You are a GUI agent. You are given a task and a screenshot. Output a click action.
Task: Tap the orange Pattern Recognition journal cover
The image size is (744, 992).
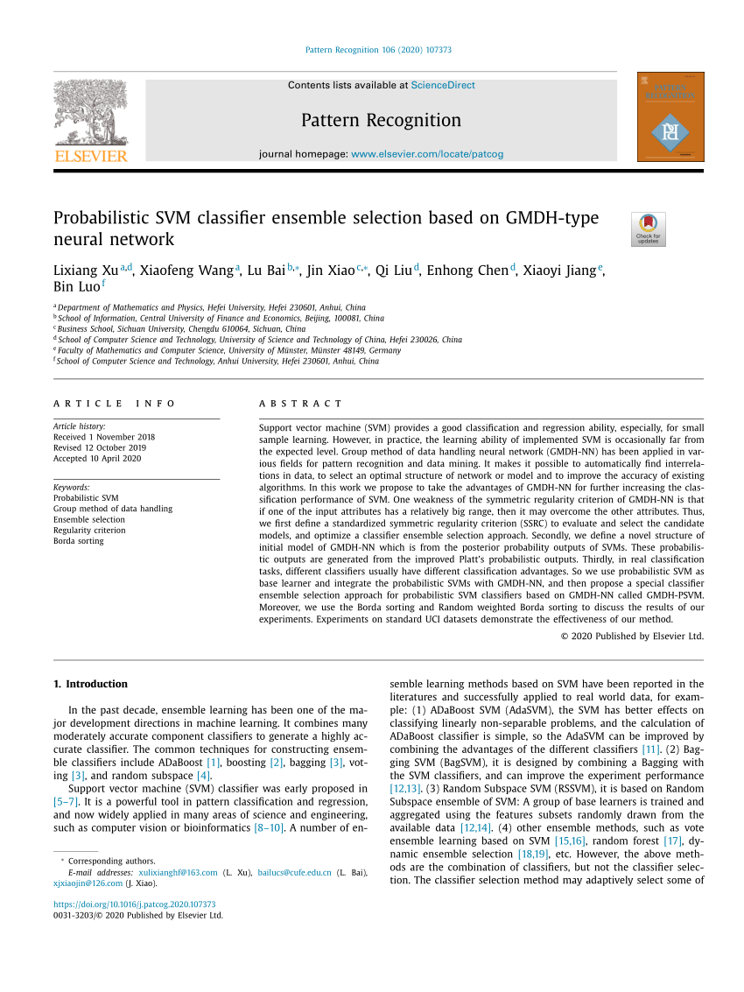tap(670, 117)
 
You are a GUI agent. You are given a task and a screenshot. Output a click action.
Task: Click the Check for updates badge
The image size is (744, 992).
tap(648, 229)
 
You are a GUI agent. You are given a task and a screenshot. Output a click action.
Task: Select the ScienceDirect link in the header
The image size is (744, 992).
tap(443, 86)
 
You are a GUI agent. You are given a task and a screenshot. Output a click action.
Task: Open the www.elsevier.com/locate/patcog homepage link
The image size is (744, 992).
tap(427, 154)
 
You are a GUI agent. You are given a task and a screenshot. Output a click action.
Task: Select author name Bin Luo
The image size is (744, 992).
tap(76, 286)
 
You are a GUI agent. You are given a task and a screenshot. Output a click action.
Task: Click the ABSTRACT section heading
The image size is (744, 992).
tap(301, 404)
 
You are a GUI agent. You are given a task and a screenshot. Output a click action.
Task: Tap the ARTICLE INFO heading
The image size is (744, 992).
tap(115, 404)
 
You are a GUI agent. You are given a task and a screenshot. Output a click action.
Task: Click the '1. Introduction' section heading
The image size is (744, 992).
tap(91, 684)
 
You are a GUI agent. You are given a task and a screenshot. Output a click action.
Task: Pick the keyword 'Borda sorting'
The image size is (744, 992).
tap(79, 541)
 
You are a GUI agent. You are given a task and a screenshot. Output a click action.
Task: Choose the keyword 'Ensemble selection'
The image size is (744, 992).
tap(89, 519)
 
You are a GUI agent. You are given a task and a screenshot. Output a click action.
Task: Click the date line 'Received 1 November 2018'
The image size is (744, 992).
tap(104, 437)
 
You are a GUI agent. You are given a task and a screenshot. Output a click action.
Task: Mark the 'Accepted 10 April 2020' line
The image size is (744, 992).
tap(97, 458)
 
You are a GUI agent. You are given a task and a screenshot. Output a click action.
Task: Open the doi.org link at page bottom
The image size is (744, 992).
tap(135, 904)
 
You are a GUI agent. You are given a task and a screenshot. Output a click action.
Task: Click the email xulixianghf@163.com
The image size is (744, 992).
tap(178, 872)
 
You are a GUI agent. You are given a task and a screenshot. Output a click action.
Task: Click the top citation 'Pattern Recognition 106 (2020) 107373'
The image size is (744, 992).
tap(378, 50)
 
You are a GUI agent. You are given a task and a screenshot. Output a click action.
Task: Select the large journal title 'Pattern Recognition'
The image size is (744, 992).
tap(381, 121)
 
